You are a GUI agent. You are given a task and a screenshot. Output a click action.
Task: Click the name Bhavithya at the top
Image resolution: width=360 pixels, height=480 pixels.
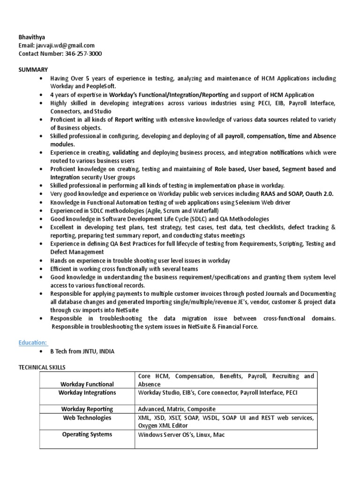(32, 37)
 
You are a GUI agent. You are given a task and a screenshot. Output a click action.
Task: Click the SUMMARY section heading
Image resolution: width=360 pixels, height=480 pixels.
(33, 69)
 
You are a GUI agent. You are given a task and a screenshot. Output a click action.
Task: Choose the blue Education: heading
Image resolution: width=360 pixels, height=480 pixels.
(34, 343)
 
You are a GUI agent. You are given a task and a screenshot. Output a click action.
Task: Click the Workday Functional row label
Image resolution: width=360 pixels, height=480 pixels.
(87, 384)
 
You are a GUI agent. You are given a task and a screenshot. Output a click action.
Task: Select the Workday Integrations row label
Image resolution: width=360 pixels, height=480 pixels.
(87, 393)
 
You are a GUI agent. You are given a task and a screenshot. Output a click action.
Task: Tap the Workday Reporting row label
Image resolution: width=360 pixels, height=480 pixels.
(87, 409)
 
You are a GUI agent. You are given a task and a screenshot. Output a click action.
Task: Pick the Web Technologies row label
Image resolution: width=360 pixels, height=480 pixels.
(87, 418)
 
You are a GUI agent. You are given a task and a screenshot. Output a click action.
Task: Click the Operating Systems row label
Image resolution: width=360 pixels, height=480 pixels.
(87, 435)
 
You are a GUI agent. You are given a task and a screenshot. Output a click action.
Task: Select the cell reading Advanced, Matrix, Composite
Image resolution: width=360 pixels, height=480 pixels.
(176, 409)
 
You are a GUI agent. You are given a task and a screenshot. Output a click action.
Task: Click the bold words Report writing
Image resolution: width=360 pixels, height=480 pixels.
(134, 120)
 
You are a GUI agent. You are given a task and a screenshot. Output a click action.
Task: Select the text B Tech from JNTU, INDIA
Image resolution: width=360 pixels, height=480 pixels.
(82, 352)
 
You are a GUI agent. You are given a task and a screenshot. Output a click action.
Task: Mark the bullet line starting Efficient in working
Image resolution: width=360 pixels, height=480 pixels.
(124, 269)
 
